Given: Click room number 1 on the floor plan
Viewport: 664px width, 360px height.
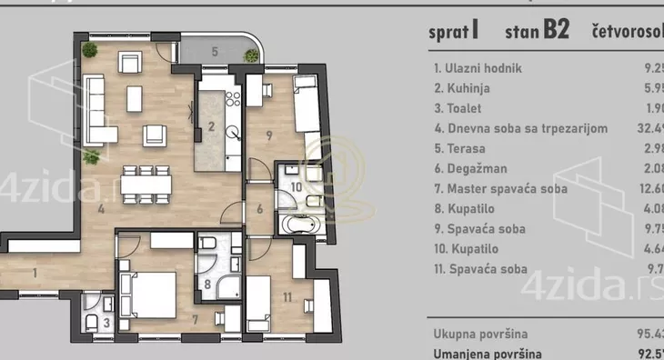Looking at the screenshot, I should [33, 272].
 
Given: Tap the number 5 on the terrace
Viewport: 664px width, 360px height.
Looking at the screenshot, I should [215, 51].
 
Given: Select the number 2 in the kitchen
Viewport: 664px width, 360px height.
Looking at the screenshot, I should [211, 126].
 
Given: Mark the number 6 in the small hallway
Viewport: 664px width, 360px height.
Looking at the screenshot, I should [259, 207].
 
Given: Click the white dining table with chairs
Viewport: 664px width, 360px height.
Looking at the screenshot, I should [146, 184].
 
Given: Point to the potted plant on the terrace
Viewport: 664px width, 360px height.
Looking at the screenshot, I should [247, 55].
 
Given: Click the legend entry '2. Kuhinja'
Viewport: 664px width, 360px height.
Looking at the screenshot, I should [464, 88].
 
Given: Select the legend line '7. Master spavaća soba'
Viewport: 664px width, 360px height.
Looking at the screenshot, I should [500, 188].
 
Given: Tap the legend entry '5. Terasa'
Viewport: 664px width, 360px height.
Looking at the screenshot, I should [460, 148].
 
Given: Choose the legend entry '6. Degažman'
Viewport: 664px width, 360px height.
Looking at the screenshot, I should [469, 168].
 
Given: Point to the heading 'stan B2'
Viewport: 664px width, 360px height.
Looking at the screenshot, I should [536, 32].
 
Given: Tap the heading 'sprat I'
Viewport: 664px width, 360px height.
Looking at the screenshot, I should [454, 32].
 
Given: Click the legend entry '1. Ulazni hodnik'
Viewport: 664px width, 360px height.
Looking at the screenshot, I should [478, 68].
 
